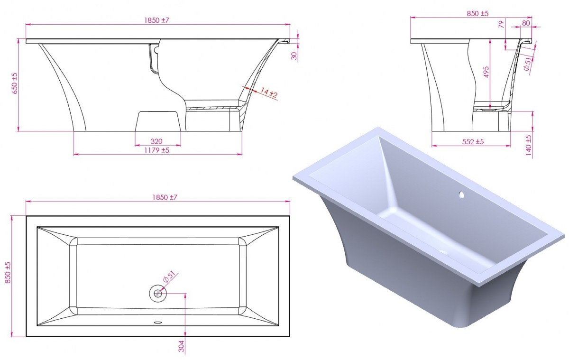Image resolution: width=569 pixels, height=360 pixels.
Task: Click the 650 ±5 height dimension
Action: tap(15, 83)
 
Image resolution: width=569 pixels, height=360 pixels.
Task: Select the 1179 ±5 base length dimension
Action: tap(157, 150)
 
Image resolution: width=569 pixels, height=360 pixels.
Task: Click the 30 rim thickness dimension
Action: tap(294, 56)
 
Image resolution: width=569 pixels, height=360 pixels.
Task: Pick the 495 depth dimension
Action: tap(486, 72)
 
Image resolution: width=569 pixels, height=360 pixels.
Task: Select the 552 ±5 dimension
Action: tap(473, 142)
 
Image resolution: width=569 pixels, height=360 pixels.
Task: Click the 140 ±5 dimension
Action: tap(528, 145)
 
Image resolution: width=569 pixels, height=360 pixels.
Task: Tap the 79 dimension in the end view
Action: tap(501, 24)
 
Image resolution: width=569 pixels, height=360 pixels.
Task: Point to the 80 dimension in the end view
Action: tap(526, 23)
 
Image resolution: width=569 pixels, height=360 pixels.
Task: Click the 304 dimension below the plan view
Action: tap(181, 346)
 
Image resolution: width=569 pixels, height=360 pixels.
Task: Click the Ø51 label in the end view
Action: tap(527, 64)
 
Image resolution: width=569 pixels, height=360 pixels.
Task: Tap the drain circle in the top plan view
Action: tap(158, 294)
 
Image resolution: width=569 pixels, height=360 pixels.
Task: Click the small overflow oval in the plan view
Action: tap(158, 323)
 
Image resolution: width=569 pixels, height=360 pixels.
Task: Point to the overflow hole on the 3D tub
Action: tap(461, 195)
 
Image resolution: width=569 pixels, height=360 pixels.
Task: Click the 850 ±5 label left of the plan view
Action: tap(8, 273)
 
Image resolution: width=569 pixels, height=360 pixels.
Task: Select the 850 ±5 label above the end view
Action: tap(477, 13)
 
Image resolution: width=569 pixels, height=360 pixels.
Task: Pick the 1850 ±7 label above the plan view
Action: tap(165, 197)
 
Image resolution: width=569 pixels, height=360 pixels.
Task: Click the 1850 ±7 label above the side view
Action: tap(157, 20)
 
